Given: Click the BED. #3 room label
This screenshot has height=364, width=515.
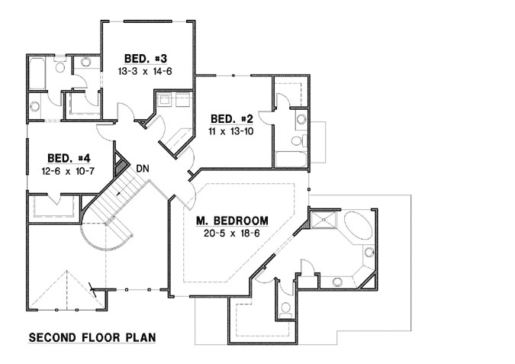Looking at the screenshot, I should point(140,59).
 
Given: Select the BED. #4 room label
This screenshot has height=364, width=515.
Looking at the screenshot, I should point(63,158).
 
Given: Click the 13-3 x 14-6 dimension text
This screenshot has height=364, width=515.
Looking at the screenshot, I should point(140,71).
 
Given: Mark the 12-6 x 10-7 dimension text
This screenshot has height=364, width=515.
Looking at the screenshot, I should point(63,171).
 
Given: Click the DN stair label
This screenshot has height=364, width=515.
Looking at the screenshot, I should point(142,168).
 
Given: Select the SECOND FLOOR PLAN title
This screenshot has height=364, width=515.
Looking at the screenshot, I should point(92,336).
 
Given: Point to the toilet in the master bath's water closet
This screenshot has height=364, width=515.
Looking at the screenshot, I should point(285,309).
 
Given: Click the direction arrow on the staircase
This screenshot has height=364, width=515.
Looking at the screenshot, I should point(119,195).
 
